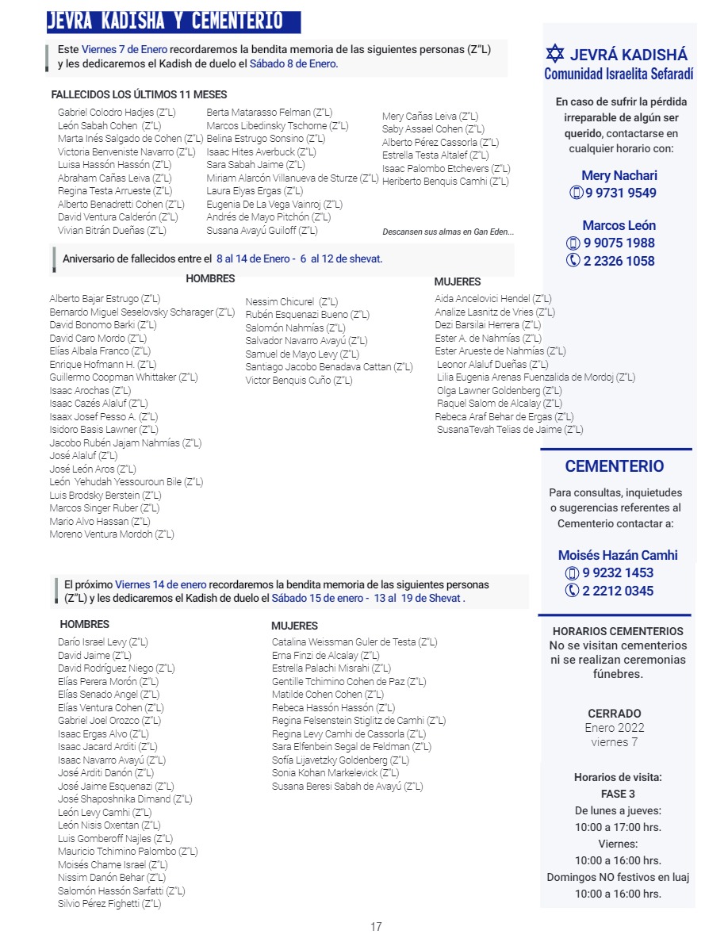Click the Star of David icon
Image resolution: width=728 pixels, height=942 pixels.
pyautogui.click(x=555, y=54)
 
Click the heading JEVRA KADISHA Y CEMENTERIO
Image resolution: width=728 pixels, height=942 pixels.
pyautogui.click(x=165, y=21)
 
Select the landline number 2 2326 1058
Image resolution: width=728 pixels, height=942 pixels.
pyautogui.click(x=619, y=261)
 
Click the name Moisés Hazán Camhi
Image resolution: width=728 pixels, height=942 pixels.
pyautogui.click(x=618, y=555)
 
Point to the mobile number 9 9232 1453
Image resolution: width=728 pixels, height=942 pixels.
pyautogui.click(x=618, y=572)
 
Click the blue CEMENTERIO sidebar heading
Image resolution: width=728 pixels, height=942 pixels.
pyautogui.click(x=615, y=466)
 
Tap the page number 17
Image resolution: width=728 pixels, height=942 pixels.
pyautogui.click(x=376, y=926)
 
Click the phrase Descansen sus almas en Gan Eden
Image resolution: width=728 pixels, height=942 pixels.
pyautogui.click(x=448, y=232)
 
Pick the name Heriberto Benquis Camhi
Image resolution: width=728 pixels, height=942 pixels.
pyautogui.click(x=445, y=182)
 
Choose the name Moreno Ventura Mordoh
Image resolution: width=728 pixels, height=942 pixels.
pyautogui.click(x=112, y=534)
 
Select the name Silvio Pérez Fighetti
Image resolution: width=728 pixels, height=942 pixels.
pyautogui.click(x=109, y=904)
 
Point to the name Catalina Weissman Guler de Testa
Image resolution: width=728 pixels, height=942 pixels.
pyautogui.click(x=354, y=642)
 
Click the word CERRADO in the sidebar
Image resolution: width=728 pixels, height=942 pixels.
pyautogui.click(x=615, y=714)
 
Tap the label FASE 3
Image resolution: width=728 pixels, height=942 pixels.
pyautogui.click(x=618, y=794)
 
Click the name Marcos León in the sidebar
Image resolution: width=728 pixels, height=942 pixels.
pyautogui.click(x=619, y=225)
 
